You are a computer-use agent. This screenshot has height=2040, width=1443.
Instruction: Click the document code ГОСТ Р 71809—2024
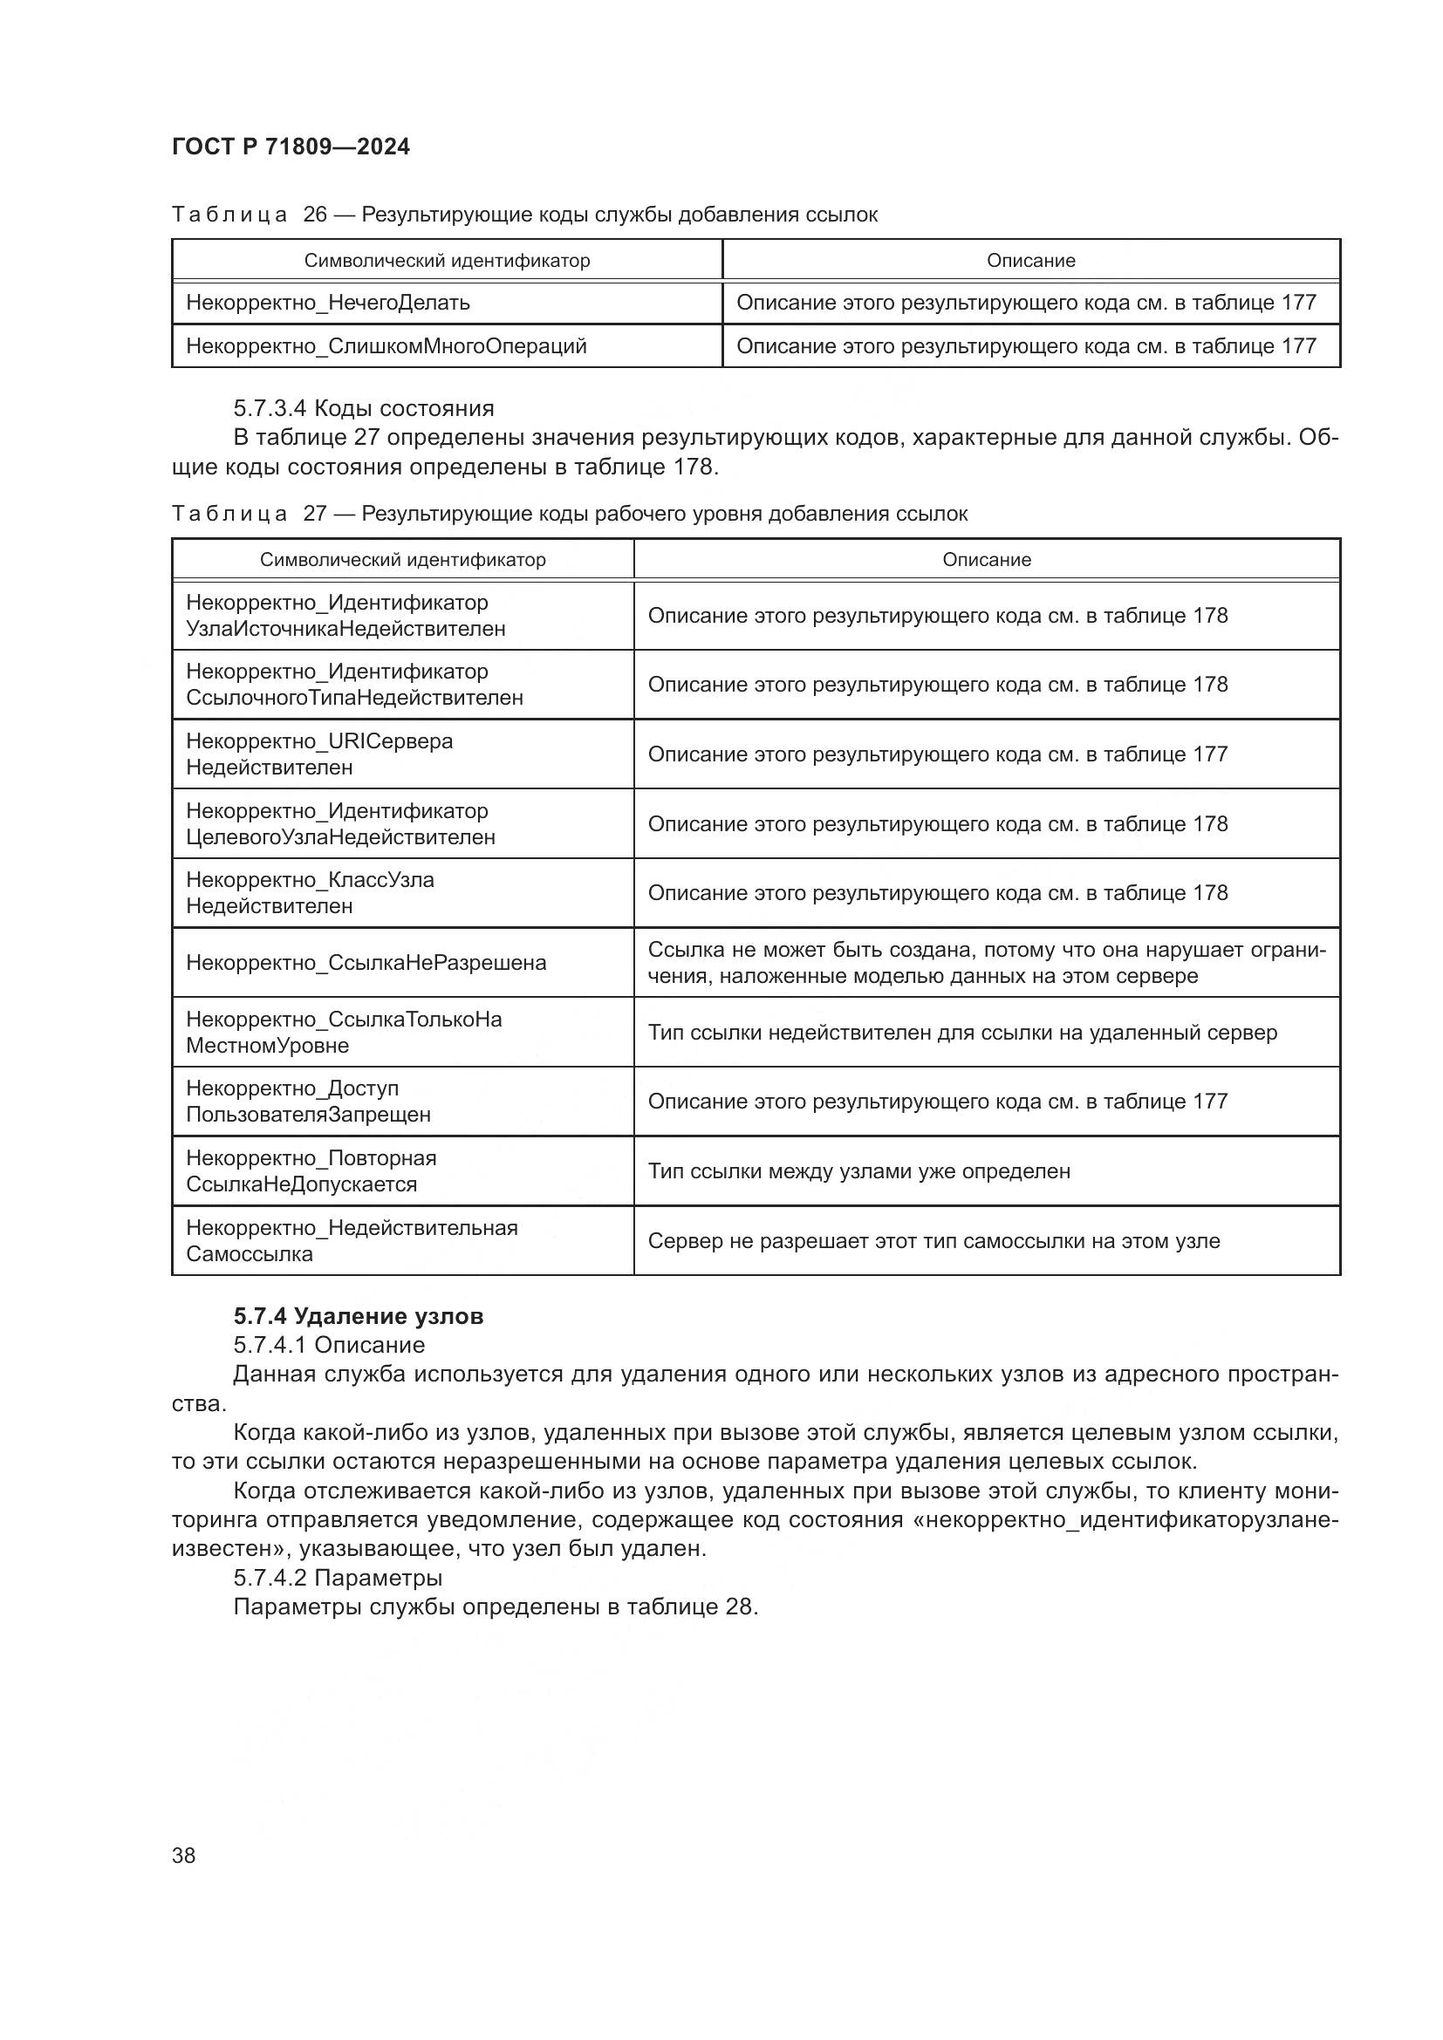click(291, 147)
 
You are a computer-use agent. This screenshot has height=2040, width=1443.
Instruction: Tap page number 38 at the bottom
click(184, 1855)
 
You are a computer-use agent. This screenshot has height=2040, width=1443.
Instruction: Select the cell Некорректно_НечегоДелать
click(328, 303)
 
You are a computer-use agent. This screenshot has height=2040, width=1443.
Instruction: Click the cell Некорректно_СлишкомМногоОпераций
click(386, 346)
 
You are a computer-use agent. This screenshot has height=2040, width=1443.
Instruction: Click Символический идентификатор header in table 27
click(402, 561)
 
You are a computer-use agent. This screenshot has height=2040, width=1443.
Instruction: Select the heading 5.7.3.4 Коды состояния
click(364, 409)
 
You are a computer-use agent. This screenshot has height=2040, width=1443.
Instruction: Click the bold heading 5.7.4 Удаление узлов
click(358, 1316)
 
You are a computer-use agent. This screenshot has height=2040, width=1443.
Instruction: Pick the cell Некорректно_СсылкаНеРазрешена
click(366, 963)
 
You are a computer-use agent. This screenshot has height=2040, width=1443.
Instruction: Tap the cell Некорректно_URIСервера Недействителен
click(320, 754)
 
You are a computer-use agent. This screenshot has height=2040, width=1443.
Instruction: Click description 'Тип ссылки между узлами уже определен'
click(858, 1172)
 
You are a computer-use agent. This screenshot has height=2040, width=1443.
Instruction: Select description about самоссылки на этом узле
click(933, 1241)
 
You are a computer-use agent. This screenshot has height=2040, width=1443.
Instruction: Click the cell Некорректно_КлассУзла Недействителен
click(310, 893)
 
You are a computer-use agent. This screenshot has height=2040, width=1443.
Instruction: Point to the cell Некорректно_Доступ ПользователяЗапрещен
click(308, 1102)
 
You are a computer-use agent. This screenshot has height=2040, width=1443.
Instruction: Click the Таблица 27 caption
click(569, 515)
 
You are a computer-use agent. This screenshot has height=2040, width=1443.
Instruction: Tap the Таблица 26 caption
click(524, 215)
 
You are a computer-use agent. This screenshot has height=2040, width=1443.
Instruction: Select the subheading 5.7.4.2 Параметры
click(338, 1578)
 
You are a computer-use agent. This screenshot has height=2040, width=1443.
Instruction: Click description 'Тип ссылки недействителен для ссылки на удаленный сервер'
click(962, 1034)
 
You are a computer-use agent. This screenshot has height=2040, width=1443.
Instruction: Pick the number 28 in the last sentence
click(738, 1607)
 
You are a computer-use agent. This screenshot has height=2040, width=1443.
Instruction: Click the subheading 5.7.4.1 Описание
click(329, 1345)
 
